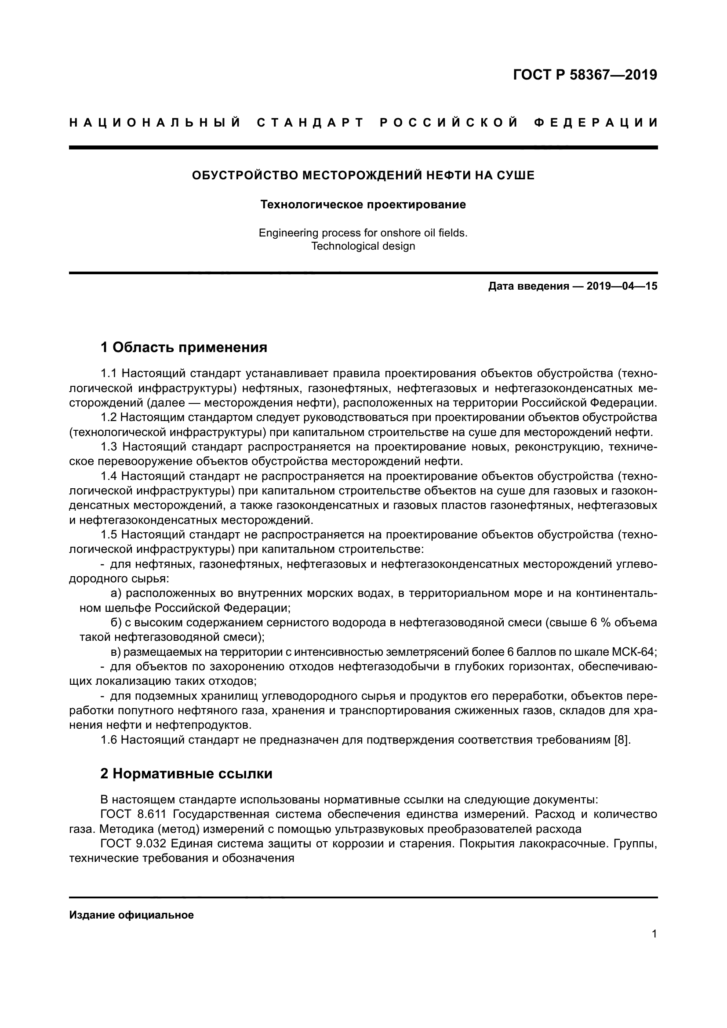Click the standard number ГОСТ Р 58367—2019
(x=585, y=75)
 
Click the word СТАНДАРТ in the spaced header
(x=311, y=123)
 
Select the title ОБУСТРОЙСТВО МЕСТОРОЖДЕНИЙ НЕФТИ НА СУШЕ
(x=363, y=175)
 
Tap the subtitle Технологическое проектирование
(x=363, y=205)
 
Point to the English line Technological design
(x=363, y=246)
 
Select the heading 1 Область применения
(x=184, y=347)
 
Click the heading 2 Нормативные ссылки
(x=186, y=773)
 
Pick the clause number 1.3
(x=109, y=447)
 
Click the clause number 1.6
(x=109, y=740)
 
